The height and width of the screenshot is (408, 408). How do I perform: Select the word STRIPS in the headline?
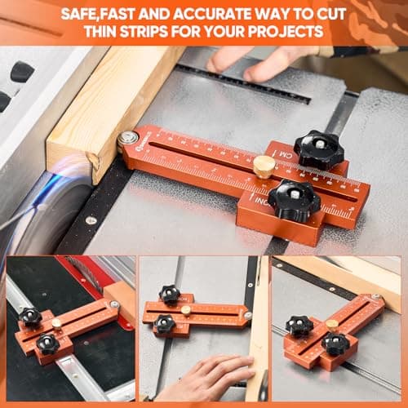[x=141, y=33]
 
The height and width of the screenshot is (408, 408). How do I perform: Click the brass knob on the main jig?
[x=264, y=166]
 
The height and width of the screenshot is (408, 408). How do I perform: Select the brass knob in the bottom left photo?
[x=56, y=324]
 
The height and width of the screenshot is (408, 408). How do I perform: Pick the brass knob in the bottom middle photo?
[x=186, y=310]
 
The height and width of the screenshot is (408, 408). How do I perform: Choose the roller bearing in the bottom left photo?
[x=114, y=304]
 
